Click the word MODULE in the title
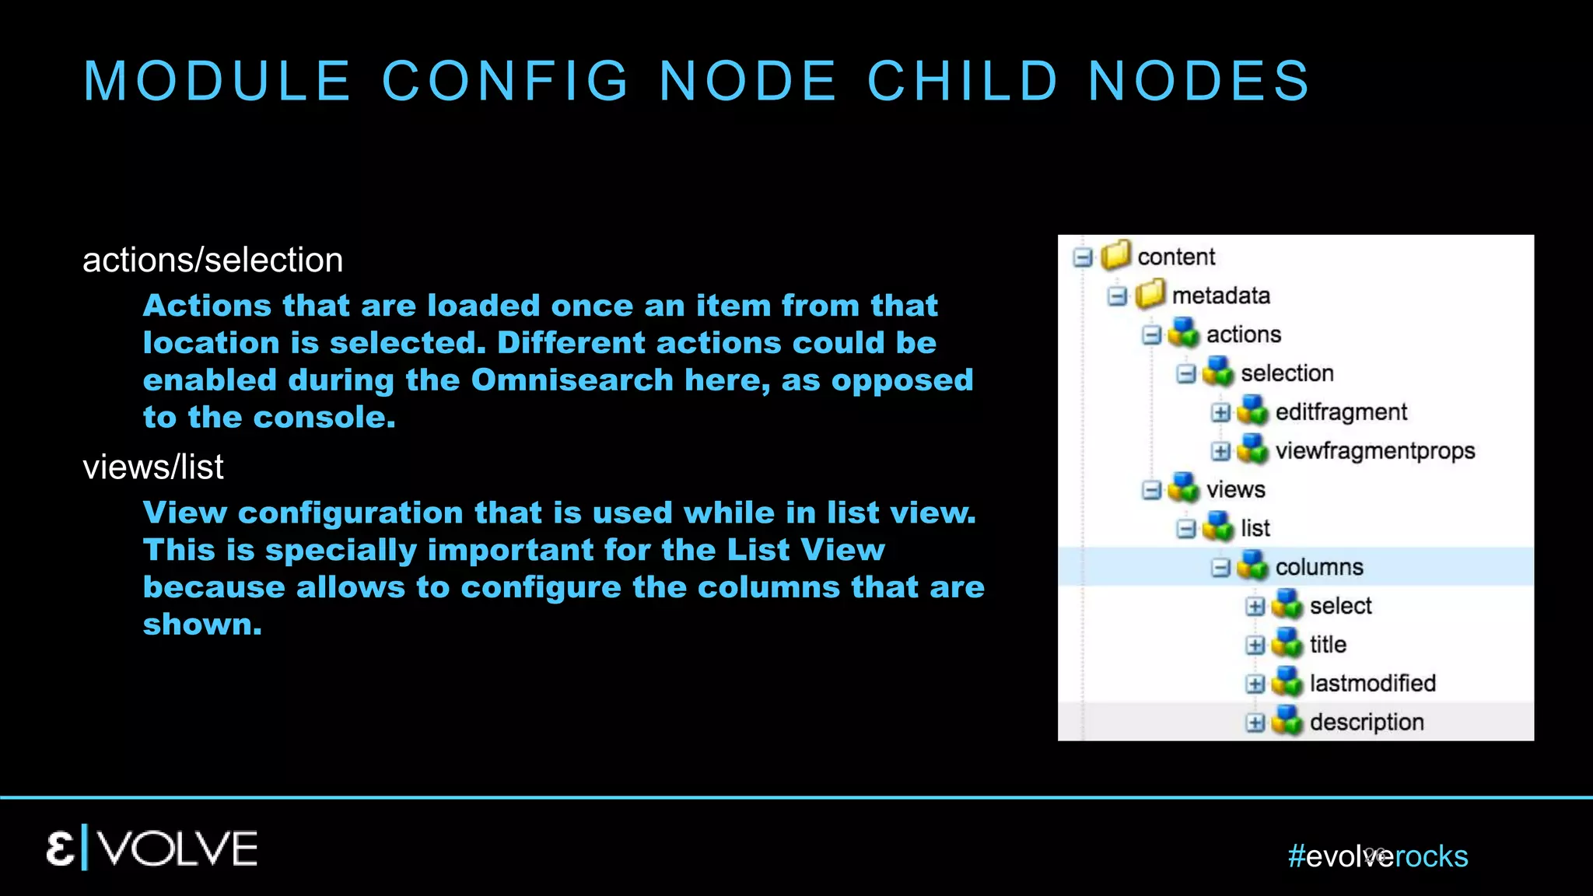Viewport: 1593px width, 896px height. pyautogui.click(x=217, y=81)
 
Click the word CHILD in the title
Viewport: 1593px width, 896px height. pyautogui.click(x=963, y=81)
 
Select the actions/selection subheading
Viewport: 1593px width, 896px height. pyautogui.click(x=212, y=260)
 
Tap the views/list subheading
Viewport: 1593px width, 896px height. pyautogui.click(x=153, y=467)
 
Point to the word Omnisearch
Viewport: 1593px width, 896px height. pyautogui.click(x=572, y=380)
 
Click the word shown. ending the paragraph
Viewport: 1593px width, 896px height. pyautogui.click(x=202, y=625)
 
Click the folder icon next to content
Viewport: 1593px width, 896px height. pyautogui.click(x=1115, y=255)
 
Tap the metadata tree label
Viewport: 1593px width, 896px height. pyautogui.click(x=1220, y=296)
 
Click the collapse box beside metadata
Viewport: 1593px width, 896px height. pyautogui.click(x=1117, y=296)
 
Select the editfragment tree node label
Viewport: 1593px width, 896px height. pyautogui.click(x=1341, y=412)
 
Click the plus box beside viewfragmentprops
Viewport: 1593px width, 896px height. pyautogui.click(x=1220, y=451)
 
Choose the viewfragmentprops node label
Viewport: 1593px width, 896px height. pyautogui.click(x=1374, y=451)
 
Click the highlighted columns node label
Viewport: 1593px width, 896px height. pyautogui.click(x=1319, y=567)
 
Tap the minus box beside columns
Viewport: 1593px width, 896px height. pyautogui.click(x=1220, y=568)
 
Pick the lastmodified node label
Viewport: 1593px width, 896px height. pyautogui.click(x=1372, y=684)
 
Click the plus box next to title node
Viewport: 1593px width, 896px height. pyautogui.click(x=1255, y=645)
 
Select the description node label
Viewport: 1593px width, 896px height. pyautogui.click(x=1367, y=723)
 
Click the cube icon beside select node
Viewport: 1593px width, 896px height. pyautogui.click(x=1287, y=605)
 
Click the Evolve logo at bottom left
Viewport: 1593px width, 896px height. pyautogui.click(x=152, y=849)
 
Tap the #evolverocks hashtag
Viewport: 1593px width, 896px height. pyautogui.click(x=1378, y=856)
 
